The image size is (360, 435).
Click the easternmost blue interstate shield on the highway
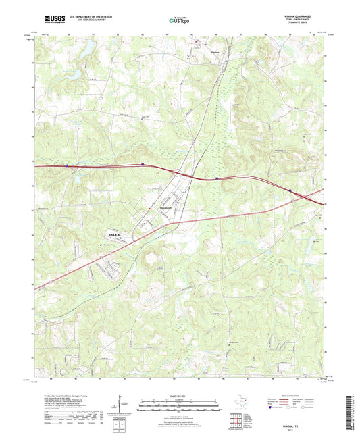click(291, 190)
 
